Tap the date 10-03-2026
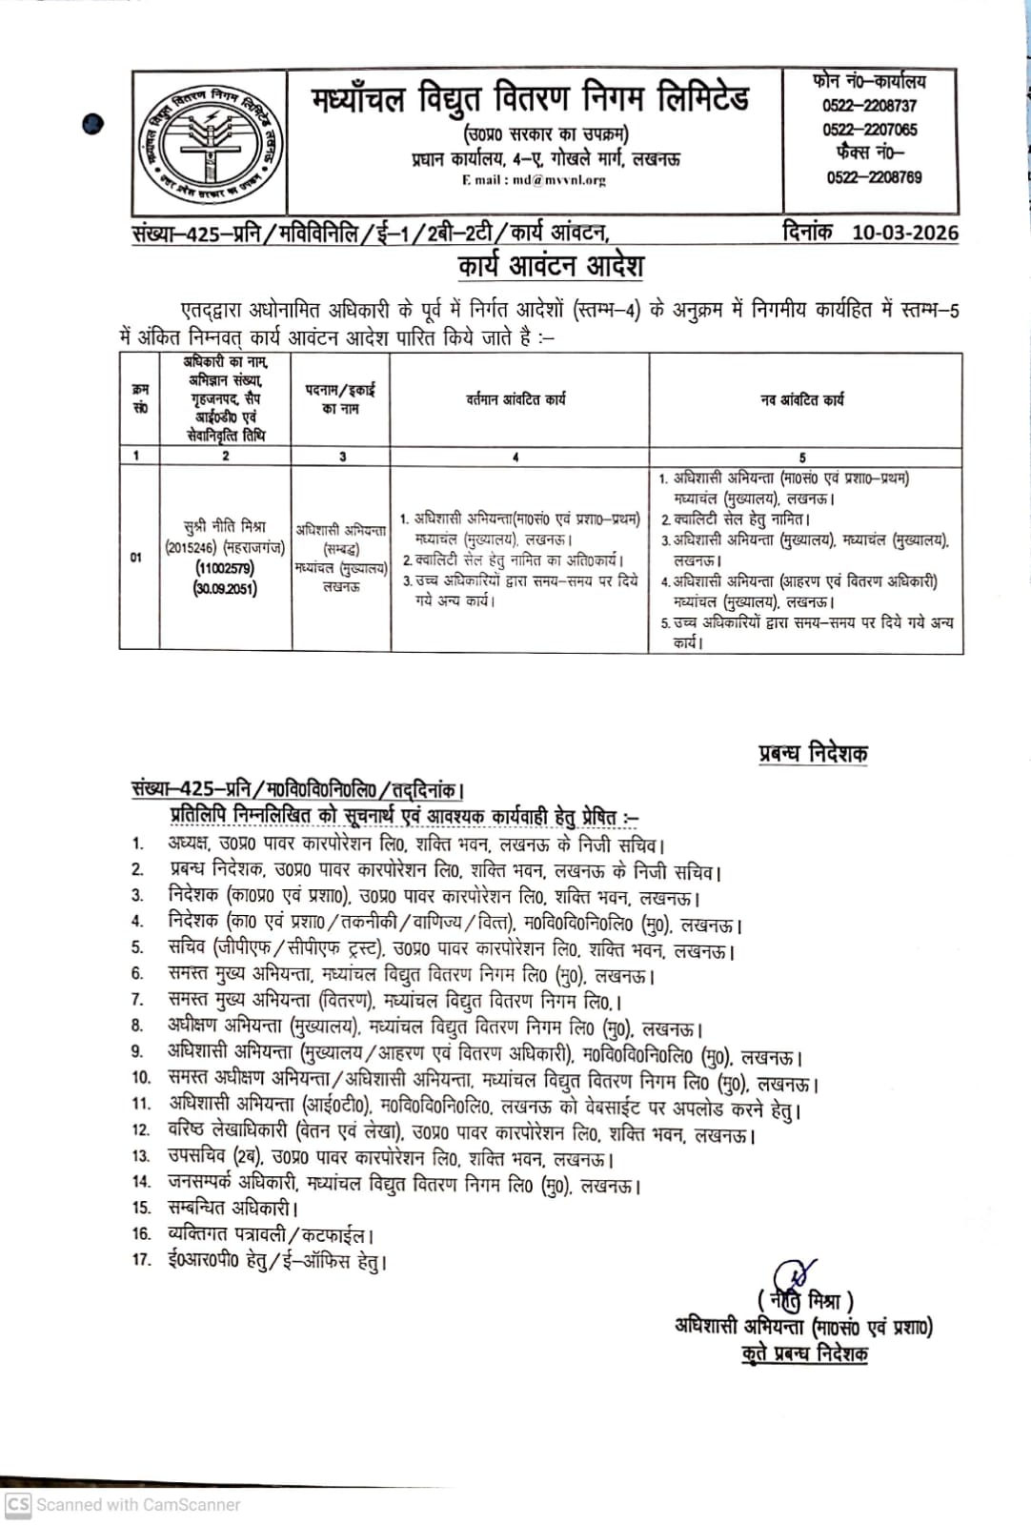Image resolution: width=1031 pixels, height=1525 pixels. [x=904, y=233]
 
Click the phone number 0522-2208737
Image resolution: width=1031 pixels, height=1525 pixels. [x=869, y=106]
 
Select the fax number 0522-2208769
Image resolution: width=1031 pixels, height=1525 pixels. [x=874, y=177]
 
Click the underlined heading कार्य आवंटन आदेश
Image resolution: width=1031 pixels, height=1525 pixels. [x=551, y=265]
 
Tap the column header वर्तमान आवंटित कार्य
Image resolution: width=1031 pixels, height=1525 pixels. [x=515, y=399]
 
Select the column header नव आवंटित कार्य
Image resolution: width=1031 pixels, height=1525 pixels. [x=802, y=400]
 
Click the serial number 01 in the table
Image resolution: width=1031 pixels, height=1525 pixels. [x=137, y=558]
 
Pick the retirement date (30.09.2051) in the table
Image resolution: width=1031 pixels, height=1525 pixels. [x=225, y=589]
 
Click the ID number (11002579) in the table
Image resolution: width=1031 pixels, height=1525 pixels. [x=225, y=568]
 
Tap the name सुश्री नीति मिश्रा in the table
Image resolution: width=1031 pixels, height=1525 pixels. [x=225, y=526]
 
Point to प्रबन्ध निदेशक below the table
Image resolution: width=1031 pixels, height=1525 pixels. [x=813, y=753]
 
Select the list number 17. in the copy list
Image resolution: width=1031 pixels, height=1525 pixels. [x=141, y=1259]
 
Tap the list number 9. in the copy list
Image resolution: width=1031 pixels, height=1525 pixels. [x=137, y=1051]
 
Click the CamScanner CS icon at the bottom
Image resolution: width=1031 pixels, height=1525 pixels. [x=18, y=1504]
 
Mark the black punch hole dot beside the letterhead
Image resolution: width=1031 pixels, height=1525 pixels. [x=92, y=123]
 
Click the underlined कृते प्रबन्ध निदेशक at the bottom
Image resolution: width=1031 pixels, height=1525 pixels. [x=804, y=1353]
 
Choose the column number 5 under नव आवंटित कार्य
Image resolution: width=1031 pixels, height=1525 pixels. [x=802, y=457]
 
